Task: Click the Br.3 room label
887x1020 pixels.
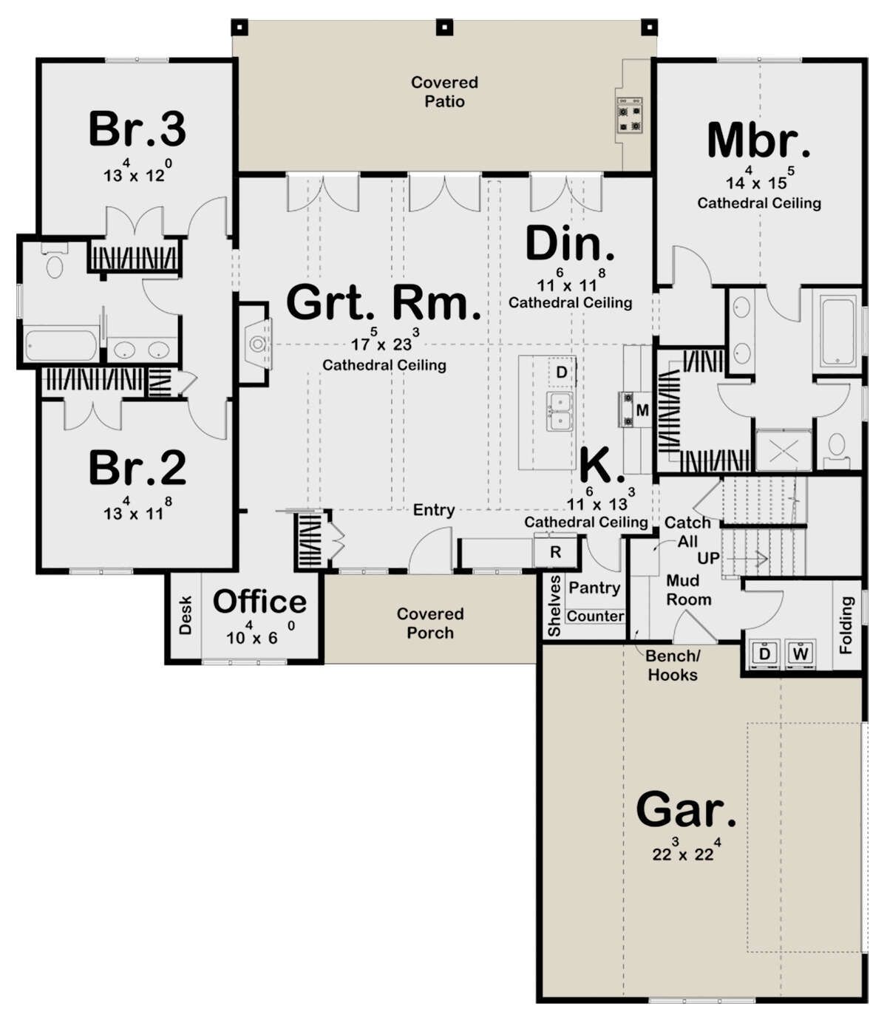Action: tap(137, 129)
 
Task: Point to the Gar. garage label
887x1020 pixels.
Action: tap(686, 810)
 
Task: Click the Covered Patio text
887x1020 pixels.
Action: tap(444, 92)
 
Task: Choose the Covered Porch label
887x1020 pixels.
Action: tap(430, 623)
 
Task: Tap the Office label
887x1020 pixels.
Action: tap(259, 602)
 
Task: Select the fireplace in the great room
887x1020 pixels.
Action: tap(256, 344)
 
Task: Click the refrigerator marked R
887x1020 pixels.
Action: tap(555, 552)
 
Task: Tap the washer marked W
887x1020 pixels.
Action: tap(801, 653)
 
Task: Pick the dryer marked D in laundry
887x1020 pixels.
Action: tap(765, 653)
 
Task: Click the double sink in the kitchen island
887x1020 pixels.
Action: tap(562, 412)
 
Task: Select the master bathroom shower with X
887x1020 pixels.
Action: tap(784, 451)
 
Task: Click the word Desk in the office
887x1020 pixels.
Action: tap(185, 615)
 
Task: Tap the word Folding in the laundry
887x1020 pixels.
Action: tap(846, 625)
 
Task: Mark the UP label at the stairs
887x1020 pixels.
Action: tap(708, 558)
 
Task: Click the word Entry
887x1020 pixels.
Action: tap(434, 510)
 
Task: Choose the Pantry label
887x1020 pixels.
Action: tap(594, 588)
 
